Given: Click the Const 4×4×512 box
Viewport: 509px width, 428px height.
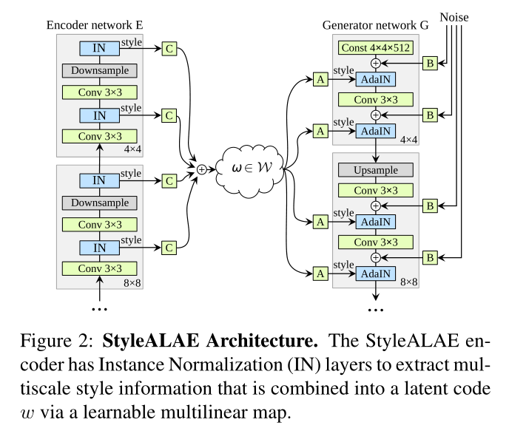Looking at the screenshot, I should [375, 48].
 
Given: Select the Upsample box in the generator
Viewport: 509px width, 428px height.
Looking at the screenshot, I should [375, 170].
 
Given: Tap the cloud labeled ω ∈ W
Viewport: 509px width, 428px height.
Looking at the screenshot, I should [242, 169].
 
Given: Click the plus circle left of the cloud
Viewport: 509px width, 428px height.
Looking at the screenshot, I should [200, 169].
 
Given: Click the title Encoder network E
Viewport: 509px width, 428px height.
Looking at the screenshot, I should [94, 24].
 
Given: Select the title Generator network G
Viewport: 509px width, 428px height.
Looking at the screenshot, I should [375, 24].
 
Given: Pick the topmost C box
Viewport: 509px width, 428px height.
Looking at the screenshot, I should [169, 50].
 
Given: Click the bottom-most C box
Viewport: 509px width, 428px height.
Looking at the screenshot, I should [169, 247].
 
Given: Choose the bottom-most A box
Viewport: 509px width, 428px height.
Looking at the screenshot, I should [320, 274].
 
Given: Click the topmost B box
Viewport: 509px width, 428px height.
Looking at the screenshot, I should [429, 64].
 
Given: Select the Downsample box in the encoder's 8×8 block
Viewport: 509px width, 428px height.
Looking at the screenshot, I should [100, 203].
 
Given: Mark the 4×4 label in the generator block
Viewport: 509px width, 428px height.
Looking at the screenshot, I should [408, 138].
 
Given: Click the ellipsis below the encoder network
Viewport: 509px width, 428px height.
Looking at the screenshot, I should [99, 306].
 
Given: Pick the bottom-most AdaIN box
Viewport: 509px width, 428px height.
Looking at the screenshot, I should [375, 274].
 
